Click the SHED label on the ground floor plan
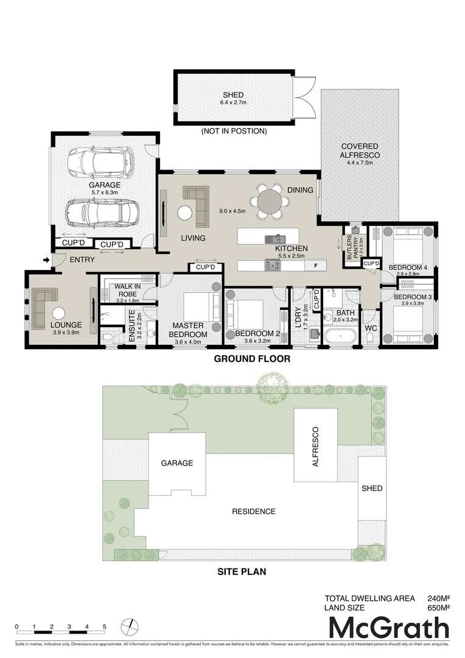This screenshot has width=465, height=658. (233, 95)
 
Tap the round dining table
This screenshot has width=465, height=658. (270, 201)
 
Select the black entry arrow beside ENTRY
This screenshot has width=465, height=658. (46, 261)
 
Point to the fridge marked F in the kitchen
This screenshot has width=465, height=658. (315, 265)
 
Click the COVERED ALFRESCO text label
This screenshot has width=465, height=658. (359, 151)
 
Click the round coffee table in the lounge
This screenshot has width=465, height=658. (58, 313)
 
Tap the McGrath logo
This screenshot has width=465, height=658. (389, 628)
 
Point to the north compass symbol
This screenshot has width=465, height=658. (128, 627)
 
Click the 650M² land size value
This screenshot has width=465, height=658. (438, 607)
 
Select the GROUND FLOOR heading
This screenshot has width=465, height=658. (252, 359)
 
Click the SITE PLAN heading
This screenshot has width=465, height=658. (242, 572)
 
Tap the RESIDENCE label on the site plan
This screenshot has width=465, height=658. (254, 511)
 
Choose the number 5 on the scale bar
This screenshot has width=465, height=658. (105, 627)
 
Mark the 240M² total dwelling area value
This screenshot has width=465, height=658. (438, 598)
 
